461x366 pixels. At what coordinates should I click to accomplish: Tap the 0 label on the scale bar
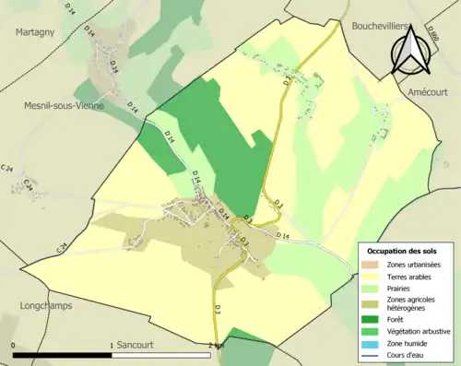13,346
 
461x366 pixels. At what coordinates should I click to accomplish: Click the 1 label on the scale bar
112,346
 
